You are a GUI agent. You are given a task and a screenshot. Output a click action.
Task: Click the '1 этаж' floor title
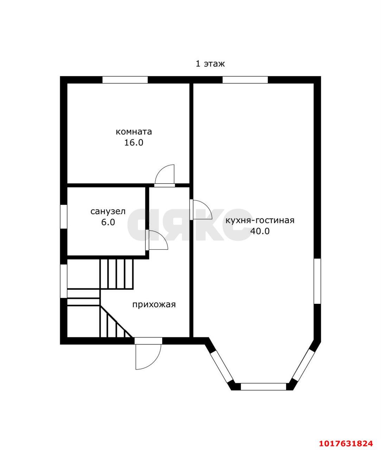pyautogui.click(x=210, y=64)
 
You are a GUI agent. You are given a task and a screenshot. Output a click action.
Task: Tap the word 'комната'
pyautogui.click(x=134, y=132)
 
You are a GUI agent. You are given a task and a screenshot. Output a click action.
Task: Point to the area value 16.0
pyautogui.click(x=134, y=143)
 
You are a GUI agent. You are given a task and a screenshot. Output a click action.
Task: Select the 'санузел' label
pyautogui.click(x=108, y=211)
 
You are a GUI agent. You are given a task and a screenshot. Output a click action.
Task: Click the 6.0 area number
pyautogui.click(x=108, y=222)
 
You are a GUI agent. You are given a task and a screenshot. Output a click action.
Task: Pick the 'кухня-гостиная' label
pyautogui.click(x=260, y=220)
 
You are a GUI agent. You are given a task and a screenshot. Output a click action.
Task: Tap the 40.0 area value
pyautogui.click(x=260, y=231)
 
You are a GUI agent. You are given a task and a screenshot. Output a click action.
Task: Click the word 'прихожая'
pyautogui.click(x=154, y=305)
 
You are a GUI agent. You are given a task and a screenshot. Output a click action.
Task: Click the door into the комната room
pyautogui.click(x=165, y=176)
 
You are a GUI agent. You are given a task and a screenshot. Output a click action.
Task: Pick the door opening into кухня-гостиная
pyautogui.click(x=201, y=210)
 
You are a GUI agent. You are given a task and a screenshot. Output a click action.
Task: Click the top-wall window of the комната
pyautogui.click(x=125, y=80)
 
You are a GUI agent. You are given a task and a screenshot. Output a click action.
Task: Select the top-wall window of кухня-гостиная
pyautogui.click(x=245, y=80)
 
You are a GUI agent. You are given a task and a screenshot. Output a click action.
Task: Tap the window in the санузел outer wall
pyautogui.click(x=64, y=217)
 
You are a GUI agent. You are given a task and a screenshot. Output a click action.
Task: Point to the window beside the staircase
pyautogui.click(x=64, y=281)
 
